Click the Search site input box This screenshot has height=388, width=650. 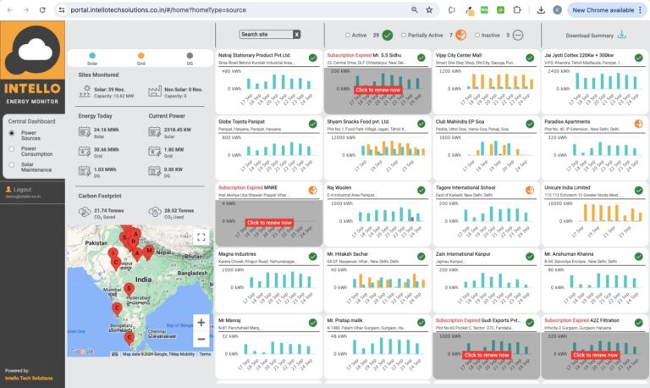click(x=265, y=34)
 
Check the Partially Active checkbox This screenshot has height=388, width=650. click(x=404, y=36)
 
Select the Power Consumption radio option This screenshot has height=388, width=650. click(x=12, y=149)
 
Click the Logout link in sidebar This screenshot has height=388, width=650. click(x=22, y=190)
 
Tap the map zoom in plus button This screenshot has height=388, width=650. click(x=201, y=322)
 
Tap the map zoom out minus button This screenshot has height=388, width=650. click(x=201, y=339)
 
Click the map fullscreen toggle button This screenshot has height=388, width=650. click(x=201, y=237)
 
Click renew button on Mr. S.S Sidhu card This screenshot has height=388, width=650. click(x=377, y=90)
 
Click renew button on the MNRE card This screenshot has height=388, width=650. click(x=269, y=223)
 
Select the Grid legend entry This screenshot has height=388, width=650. click(x=140, y=60)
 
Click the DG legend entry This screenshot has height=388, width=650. click(x=190, y=60)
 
